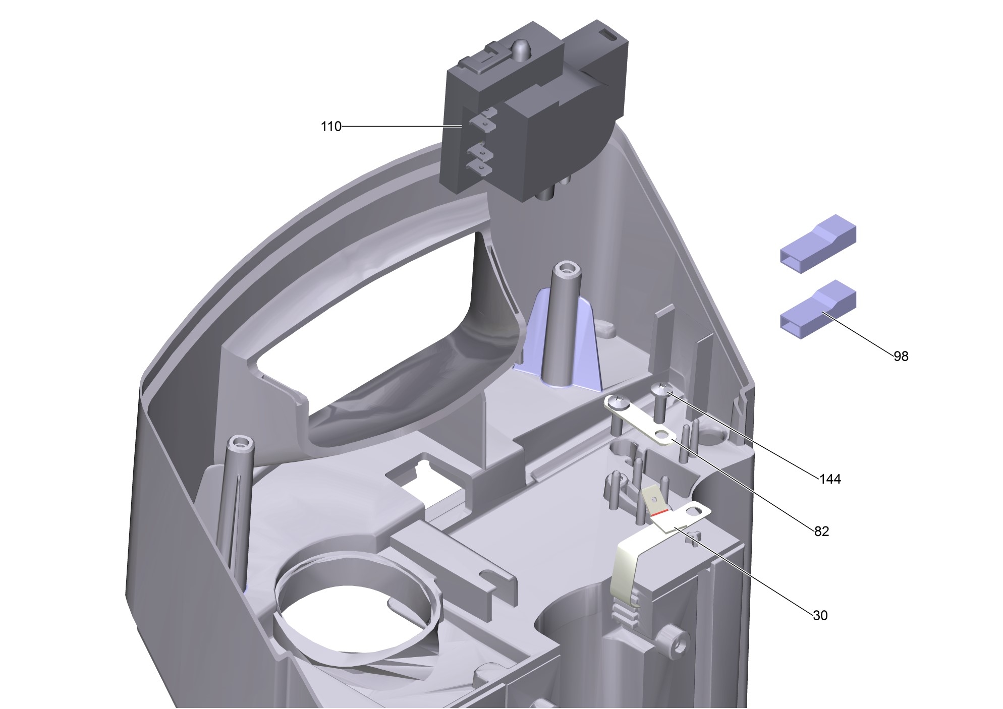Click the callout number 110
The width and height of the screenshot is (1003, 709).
pos(331,127)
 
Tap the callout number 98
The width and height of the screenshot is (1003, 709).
pos(901,357)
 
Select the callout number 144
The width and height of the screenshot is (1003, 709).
pos(830,479)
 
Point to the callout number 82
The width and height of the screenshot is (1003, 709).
pos(821,531)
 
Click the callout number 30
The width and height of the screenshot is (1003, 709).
pos(820,616)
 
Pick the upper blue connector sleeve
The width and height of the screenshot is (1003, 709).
pos(818,244)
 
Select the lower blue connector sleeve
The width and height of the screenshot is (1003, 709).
pos(818,310)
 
